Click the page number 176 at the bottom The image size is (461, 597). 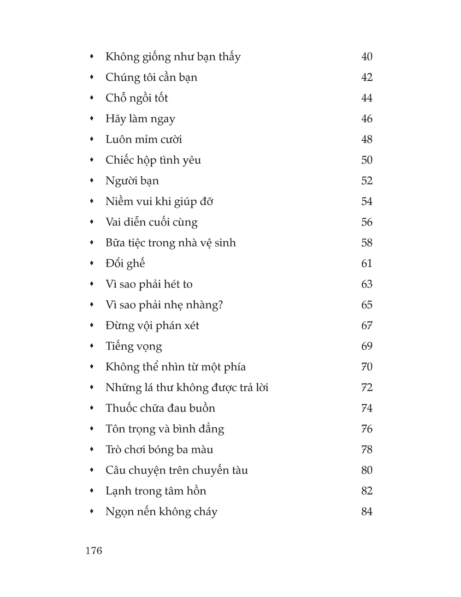click(94, 550)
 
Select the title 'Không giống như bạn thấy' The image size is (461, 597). click(173, 57)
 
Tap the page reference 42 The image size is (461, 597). click(366, 77)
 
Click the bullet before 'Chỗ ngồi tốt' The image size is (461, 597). click(92, 97)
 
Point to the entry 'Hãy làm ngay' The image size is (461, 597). click(140, 119)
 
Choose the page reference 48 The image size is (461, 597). click(366, 139)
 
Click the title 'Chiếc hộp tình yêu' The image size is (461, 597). click(153, 160)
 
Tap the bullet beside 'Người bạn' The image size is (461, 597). click(92, 180)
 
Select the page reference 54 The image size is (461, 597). click(366, 201)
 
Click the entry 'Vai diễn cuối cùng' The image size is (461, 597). click(151, 222)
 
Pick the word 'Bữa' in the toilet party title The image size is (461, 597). click(115, 243)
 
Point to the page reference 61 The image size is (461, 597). click(366, 263)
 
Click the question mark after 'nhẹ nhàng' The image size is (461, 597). click(220, 305)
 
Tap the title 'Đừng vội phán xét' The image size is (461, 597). click(152, 326)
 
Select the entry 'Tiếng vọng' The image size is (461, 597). click(134, 346)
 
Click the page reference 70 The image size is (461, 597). click(366, 367)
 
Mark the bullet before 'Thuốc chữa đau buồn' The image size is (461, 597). click(92, 408)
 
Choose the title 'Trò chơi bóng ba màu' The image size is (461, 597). click(159, 449)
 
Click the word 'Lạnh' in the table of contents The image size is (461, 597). click(118, 491)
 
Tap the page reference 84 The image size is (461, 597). click(366, 512)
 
